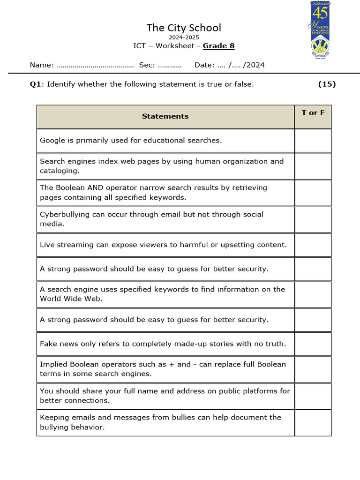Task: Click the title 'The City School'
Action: (183, 28)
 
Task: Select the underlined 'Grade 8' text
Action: (218, 45)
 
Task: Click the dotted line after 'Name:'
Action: (95, 65)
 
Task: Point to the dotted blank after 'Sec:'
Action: (170, 65)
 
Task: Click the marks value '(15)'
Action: (327, 84)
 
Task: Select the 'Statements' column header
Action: (165, 116)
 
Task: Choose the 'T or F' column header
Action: (313, 113)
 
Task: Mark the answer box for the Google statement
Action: (313, 141)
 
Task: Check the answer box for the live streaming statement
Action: (313, 245)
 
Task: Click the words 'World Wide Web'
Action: (70, 299)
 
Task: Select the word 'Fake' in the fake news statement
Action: (48, 344)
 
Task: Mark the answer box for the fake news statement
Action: (313, 344)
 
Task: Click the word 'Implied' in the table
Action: (53, 364)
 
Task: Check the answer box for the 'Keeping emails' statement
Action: (313, 423)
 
